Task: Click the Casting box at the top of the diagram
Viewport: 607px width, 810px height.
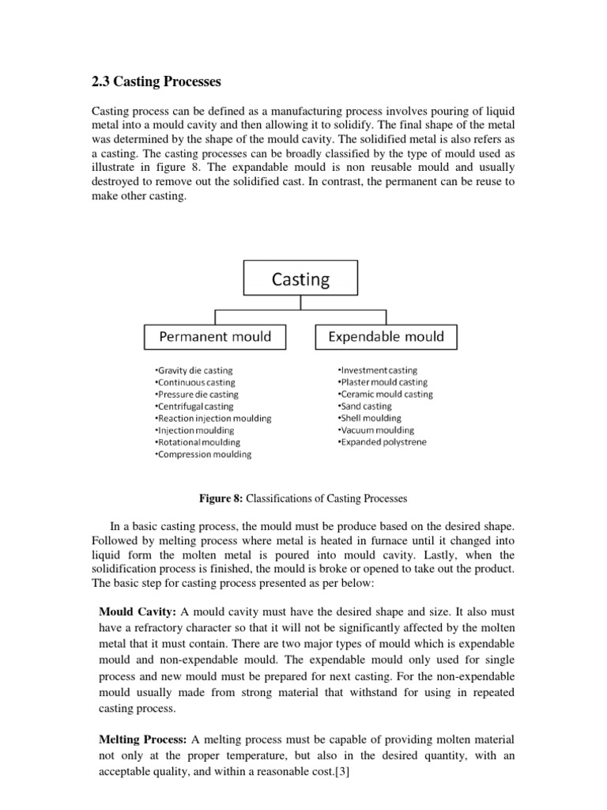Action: tap(300, 279)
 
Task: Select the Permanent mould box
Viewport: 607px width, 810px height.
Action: tap(215, 337)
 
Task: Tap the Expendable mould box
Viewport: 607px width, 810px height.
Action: tap(386, 337)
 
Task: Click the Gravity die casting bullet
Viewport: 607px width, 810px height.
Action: tap(194, 370)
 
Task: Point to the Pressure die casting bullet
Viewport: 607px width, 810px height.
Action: tap(197, 394)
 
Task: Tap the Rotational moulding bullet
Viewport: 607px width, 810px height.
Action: tap(198, 442)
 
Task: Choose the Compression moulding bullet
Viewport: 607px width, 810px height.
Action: tap(203, 455)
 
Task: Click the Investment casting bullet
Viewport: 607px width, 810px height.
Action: tap(378, 370)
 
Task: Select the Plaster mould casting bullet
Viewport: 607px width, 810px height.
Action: tap(383, 382)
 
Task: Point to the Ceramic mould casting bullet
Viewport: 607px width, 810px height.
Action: tap(385, 394)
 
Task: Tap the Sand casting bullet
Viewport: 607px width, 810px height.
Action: tap(364, 407)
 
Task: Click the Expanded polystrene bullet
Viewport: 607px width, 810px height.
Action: tap(382, 442)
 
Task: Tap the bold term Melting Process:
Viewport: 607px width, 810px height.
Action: tap(142, 739)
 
